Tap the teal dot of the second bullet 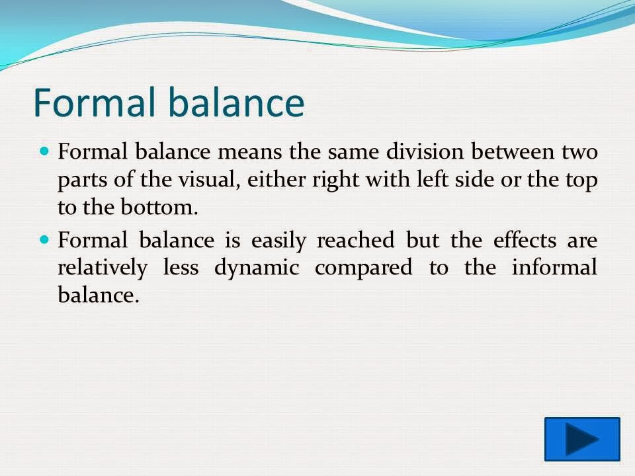pos(44,240)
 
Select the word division pos(425,151)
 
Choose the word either pos(276,179)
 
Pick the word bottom pos(159,207)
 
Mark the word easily pos(278,241)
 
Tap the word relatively pos(103,268)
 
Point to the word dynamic pos(257,268)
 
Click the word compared pos(363,268)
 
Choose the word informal pos(554,267)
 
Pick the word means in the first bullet pos(249,153)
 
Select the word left pos(432,179)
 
